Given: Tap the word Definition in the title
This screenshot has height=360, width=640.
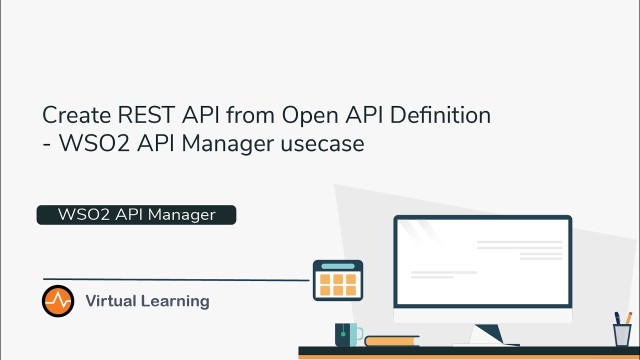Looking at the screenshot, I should (440, 115).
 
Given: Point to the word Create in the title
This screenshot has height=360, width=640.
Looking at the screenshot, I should (76, 115).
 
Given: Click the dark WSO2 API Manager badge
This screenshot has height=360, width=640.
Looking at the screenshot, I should (136, 214).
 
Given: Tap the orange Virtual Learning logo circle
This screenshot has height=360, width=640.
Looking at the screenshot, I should (58, 301).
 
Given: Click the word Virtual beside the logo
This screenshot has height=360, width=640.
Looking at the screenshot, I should (110, 301).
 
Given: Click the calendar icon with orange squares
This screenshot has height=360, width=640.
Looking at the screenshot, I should (338, 280).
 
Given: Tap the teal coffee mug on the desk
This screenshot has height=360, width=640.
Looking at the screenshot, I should (346, 334).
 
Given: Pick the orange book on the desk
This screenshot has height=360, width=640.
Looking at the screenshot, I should (391, 341).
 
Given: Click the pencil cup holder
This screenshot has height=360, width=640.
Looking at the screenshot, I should (622, 334).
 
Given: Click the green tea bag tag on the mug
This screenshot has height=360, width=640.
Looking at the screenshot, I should (343, 333).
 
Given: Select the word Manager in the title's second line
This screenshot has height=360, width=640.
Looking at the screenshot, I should (227, 143).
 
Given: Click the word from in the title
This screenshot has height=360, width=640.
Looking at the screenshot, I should (250, 115).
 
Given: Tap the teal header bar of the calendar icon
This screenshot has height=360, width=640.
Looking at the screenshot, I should (338, 266).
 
